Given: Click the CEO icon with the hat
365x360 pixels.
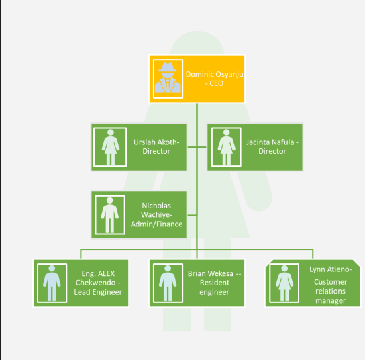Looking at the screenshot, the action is tap(168, 78).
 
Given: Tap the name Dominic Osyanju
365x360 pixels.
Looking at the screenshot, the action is tap(215, 75).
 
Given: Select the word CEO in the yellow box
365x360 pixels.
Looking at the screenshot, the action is tap(217, 83).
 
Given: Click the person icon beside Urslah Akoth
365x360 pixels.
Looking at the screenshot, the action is tap(111, 147).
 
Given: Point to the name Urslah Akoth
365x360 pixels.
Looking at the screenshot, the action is tap(156, 142).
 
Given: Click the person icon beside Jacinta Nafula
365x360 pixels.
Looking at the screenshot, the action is tap(227, 147).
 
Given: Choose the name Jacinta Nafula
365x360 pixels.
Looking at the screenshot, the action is tap(270, 142).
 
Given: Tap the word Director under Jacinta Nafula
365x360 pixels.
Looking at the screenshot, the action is tap(272, 151).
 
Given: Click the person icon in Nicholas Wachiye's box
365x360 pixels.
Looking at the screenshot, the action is tap(110, 215).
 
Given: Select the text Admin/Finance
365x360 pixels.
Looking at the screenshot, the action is tap(156, 224).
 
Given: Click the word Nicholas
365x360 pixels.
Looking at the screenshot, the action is tap(156, 206).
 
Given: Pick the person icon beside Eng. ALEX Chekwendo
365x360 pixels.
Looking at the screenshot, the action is tap(52, 283).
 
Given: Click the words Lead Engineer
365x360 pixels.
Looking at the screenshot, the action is tap(98, 292).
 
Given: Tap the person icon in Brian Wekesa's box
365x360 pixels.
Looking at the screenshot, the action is tap(168, 283).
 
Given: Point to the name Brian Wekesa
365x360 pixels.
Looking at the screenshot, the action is tap(211, 273).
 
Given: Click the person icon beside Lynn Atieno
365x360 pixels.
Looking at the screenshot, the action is tap(284, 283).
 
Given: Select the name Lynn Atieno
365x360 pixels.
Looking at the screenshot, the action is tap(329, 269).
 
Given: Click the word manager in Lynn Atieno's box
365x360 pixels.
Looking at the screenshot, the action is tap(330, 301).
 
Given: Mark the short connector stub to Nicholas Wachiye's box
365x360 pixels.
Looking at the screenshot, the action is tap(192, 215).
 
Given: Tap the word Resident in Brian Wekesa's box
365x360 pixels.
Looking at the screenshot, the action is tap(215, 283).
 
